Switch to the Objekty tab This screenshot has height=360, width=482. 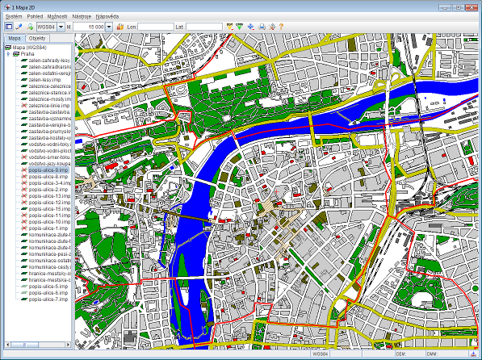[x=37, y=38]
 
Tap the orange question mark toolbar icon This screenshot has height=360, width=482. [x=282, y=27]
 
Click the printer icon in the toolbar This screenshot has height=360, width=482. [x=261, y=27]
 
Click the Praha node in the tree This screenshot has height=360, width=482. [x=23, y=53]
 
